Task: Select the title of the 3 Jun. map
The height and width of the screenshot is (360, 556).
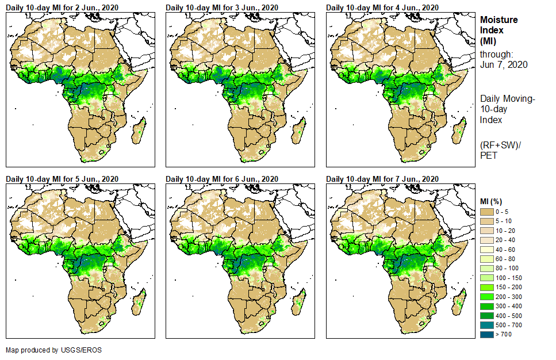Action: (222, 7)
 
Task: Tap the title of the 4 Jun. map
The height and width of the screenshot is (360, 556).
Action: (382, 7)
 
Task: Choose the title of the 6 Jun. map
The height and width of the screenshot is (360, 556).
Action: (222, 179)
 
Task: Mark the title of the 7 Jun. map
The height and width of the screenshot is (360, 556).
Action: (382, 179)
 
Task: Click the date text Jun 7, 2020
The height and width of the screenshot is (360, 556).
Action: (504, 65)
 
